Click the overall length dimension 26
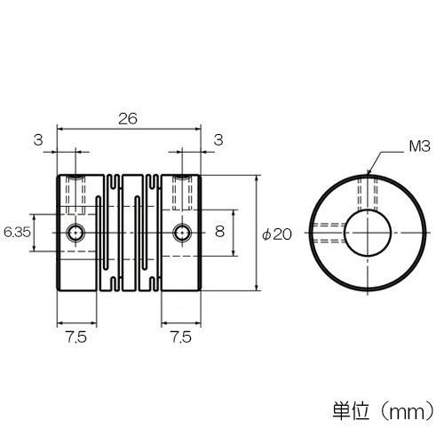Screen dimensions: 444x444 click(128, 119)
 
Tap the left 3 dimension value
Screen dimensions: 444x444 click(38, 140)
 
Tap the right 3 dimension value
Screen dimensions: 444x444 click(218, 140)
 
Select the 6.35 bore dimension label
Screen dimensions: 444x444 click(17, 233)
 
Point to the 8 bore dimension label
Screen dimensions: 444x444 click(219, 231)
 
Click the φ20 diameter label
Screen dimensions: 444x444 click(277, 234)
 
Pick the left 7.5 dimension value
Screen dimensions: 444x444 click(76, 337)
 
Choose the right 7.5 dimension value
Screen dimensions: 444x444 click(181, 337)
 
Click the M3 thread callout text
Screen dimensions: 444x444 click(419, 147)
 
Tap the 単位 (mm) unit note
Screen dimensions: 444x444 click(384, 410)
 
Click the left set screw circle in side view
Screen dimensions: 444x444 click(75, 233)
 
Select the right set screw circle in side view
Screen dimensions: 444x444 click(182, 233)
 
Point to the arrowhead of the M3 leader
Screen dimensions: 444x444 click(368, 173)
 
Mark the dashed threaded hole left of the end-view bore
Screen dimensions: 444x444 click(328, 233)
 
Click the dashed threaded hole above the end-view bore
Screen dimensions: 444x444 click(368, 193)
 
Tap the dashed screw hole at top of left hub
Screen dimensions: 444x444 click(75, 194)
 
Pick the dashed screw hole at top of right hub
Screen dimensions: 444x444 click(182, 193)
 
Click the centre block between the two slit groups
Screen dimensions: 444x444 click(131, 233)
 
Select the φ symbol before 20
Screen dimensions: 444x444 click(266, 235)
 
